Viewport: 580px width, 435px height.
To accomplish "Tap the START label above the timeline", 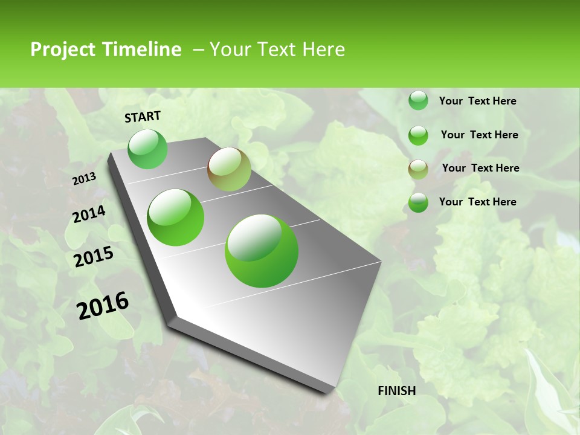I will (x=143, y=117).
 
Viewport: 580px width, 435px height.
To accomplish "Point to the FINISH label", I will (x=397, y=391).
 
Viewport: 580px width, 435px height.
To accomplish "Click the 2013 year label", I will (x=84, y=179).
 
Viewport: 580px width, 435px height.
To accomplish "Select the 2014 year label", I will (x=89, y=214).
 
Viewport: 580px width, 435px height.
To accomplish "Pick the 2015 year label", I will (x=94, y=257).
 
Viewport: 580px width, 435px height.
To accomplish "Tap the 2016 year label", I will (x=103, y=305).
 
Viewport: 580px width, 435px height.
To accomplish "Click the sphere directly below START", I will (x=148, y=149).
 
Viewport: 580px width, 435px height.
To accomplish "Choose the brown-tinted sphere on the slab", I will (x=229, y=169).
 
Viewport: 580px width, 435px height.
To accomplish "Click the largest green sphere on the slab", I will (x=262, y=251).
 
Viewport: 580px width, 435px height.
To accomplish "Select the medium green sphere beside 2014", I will (x=175, y=217).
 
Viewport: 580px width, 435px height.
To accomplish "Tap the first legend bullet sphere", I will (x=418, y=101).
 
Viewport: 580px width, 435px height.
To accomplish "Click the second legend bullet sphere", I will (x=418, y=135).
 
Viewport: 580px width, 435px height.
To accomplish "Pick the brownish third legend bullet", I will (x=418, y=169).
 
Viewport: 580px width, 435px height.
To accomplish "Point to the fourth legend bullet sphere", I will (x=418, y=202).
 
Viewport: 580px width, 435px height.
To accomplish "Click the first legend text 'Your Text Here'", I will (x=477, y=101).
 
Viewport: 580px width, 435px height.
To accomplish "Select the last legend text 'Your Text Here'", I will (x=477, y=202).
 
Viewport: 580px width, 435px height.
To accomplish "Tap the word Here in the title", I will (x=323, y=50).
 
